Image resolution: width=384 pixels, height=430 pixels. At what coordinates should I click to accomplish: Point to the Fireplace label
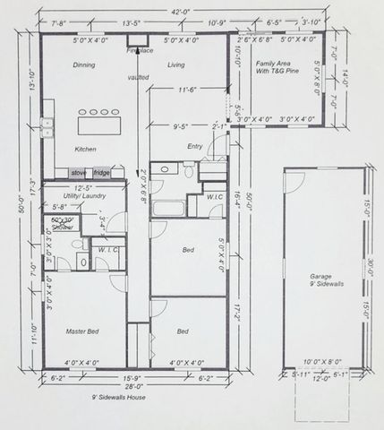(140, 52)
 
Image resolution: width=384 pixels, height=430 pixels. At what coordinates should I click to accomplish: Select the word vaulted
(139, 79)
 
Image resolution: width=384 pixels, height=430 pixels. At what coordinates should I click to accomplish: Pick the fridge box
(101, 172)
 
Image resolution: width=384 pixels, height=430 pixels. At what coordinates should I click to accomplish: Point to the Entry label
(195, 146)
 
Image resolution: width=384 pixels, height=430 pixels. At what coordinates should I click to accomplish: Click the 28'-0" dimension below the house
(133, 385)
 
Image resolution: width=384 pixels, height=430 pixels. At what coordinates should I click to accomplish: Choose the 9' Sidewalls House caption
(118, 396)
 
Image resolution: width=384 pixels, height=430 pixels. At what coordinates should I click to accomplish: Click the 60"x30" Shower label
(62, 223)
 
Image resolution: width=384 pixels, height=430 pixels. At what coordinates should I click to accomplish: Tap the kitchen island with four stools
(99, 119)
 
